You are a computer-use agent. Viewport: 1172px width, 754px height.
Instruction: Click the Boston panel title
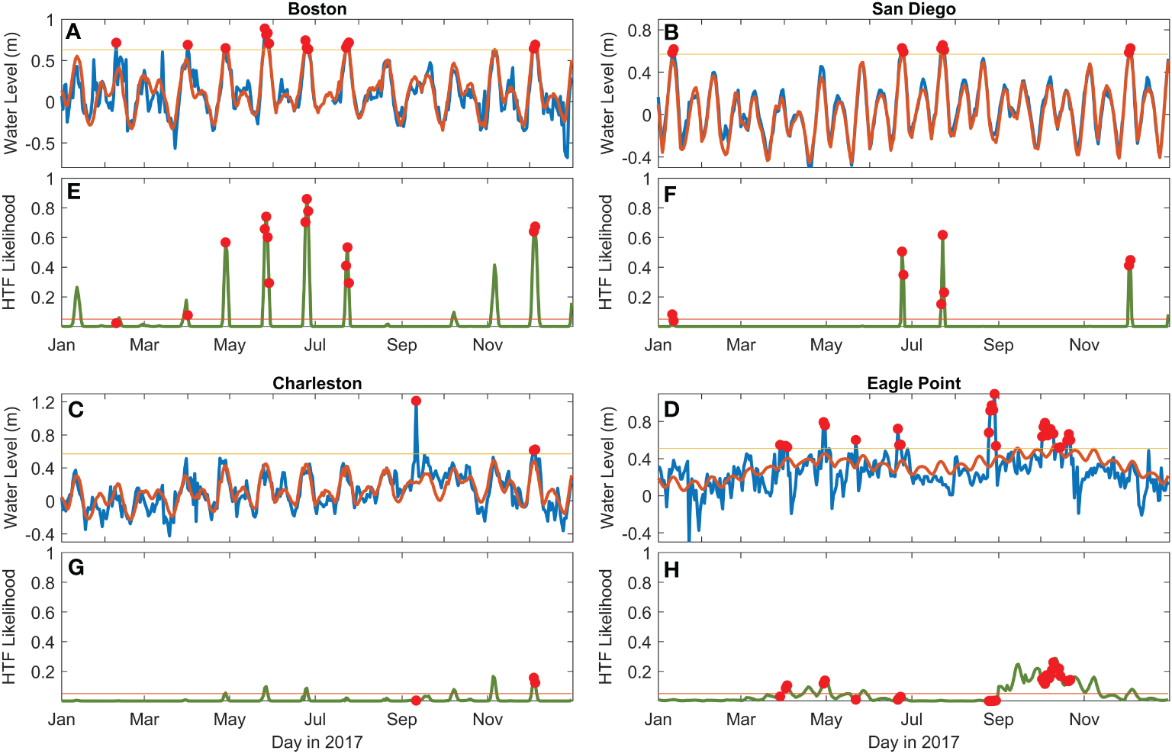pyautogui.click(x=317, y=9)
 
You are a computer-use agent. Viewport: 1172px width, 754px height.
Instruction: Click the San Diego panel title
pyautogui.click(x=913, y=9)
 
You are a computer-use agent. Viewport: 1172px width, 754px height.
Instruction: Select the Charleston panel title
pyautogui.click(x=317, y=383)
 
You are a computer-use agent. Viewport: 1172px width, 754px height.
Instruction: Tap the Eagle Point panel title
pyautogui.click(x=913, y=383)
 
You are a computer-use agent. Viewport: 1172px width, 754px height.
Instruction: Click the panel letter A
pyautogui.click(x=73, y=32)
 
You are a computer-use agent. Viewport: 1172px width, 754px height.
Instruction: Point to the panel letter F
pyautogui.click(x=670, y=195)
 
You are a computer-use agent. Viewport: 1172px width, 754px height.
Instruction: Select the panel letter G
pyautogui.click(x=76, y=568)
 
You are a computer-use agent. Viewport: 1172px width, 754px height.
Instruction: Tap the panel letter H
pyautogui.click(x=671, y=570)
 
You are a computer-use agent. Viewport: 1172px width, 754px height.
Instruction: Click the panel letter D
pyautogui.click(x=671, y=410)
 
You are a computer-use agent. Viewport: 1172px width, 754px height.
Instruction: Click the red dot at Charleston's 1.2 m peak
pyautogui.click(x=416, y=401)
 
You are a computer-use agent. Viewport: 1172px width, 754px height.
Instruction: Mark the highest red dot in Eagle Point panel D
pyautogui.click(x=994, y=395)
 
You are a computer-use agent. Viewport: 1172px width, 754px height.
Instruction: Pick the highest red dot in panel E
pyautogui.click(x=307, y=199)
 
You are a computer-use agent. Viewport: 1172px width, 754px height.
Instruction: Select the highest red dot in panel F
pyautogui.click(x=942, y=235)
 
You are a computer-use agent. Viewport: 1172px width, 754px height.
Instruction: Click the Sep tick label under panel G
pyautogui.click(x=401, y=719)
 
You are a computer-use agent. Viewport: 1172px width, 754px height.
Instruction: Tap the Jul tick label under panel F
pyautogui.click(x=911, y=345)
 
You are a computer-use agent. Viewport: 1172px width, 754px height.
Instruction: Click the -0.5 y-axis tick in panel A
pyautogui.click(x=40, y=143)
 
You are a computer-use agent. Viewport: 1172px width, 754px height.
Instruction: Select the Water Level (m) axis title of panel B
pyautogui.click(x=607, y=93)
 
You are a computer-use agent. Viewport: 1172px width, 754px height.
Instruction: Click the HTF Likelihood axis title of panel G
pyautogui.click(x=9, y=627)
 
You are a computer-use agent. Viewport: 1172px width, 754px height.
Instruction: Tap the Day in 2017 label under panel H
pyautogui.click(x=913, y=742)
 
